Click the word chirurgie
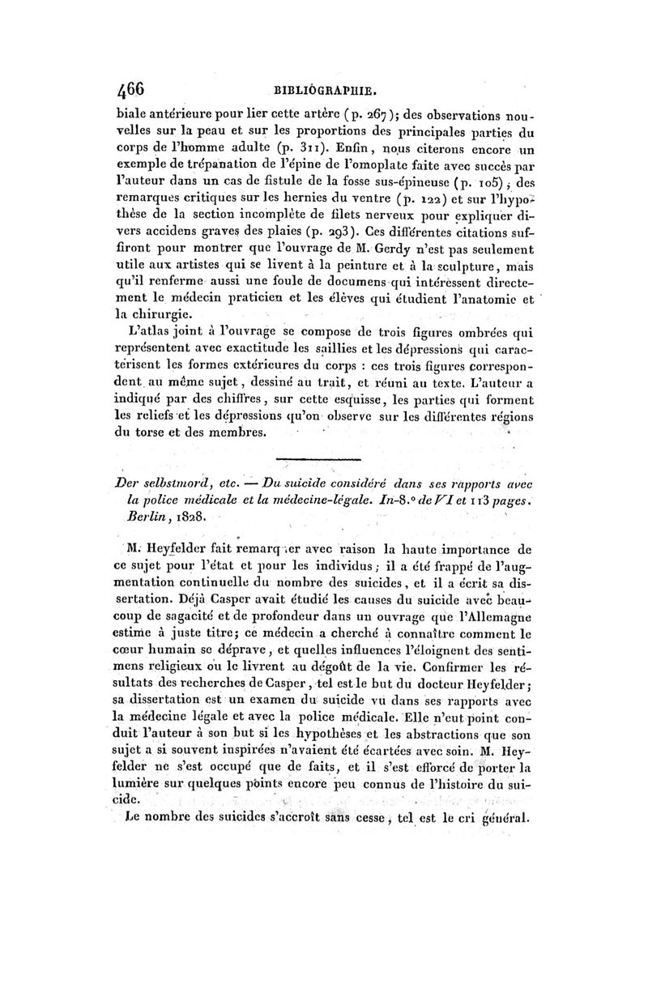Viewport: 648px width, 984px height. tap(170, 312)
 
